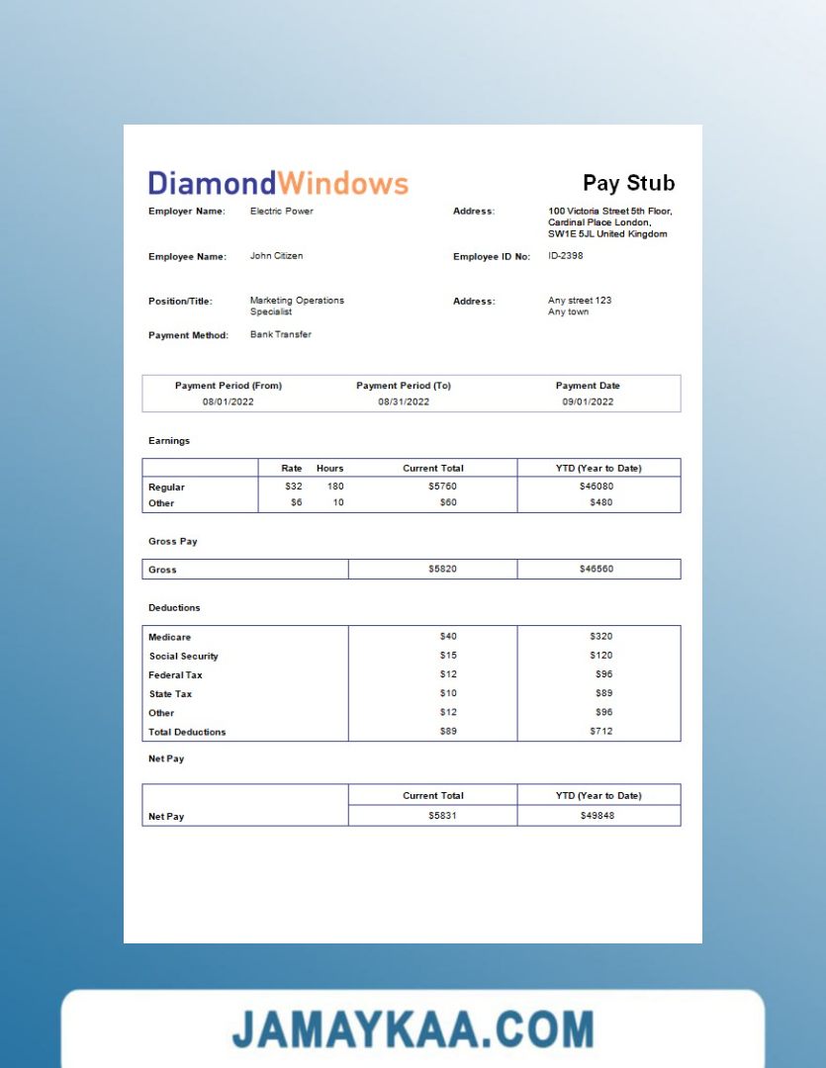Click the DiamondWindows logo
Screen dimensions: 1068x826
click(x=278, y=183)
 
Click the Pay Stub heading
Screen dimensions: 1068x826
click(x=628, y=183)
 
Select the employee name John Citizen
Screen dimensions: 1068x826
click(x=276, y=256)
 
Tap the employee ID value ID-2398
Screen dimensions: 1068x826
click(x=566, y=256)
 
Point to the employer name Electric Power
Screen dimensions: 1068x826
click(x=281, y=211)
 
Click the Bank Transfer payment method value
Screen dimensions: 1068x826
click(x=280, y=334)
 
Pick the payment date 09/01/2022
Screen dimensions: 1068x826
click(x=588, y=401)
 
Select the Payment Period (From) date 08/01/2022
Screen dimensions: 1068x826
click(x=228, y=401)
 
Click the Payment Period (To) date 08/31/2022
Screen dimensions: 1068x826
click(x=404, y=401)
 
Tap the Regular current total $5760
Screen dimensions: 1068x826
click(x=442, y=487)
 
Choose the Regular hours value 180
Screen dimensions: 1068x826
click(x=334, y=487)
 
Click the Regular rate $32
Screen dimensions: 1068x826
click(x=294, y=487)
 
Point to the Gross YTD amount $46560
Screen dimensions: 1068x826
click(x=597, y=570)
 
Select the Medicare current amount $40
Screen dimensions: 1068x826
click(x=448, y=636)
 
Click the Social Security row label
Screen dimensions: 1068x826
click(x=184, y=656)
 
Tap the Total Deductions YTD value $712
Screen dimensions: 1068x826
click(x=600, y=732)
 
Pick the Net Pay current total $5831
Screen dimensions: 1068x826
click(x=442, y=816)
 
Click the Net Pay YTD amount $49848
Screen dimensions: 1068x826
click(x=597, y=816)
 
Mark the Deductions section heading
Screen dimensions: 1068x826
click(x=174, y=607)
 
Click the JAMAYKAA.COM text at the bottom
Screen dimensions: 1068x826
click(x=413, y=1029)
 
